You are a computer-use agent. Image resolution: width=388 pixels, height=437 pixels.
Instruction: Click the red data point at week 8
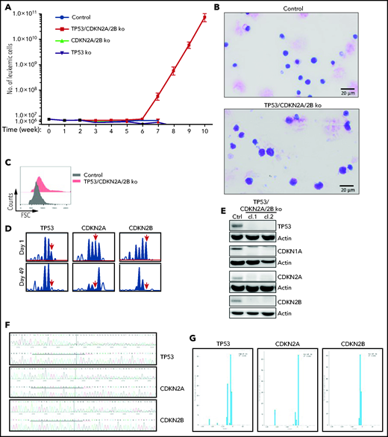click(173, 71)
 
